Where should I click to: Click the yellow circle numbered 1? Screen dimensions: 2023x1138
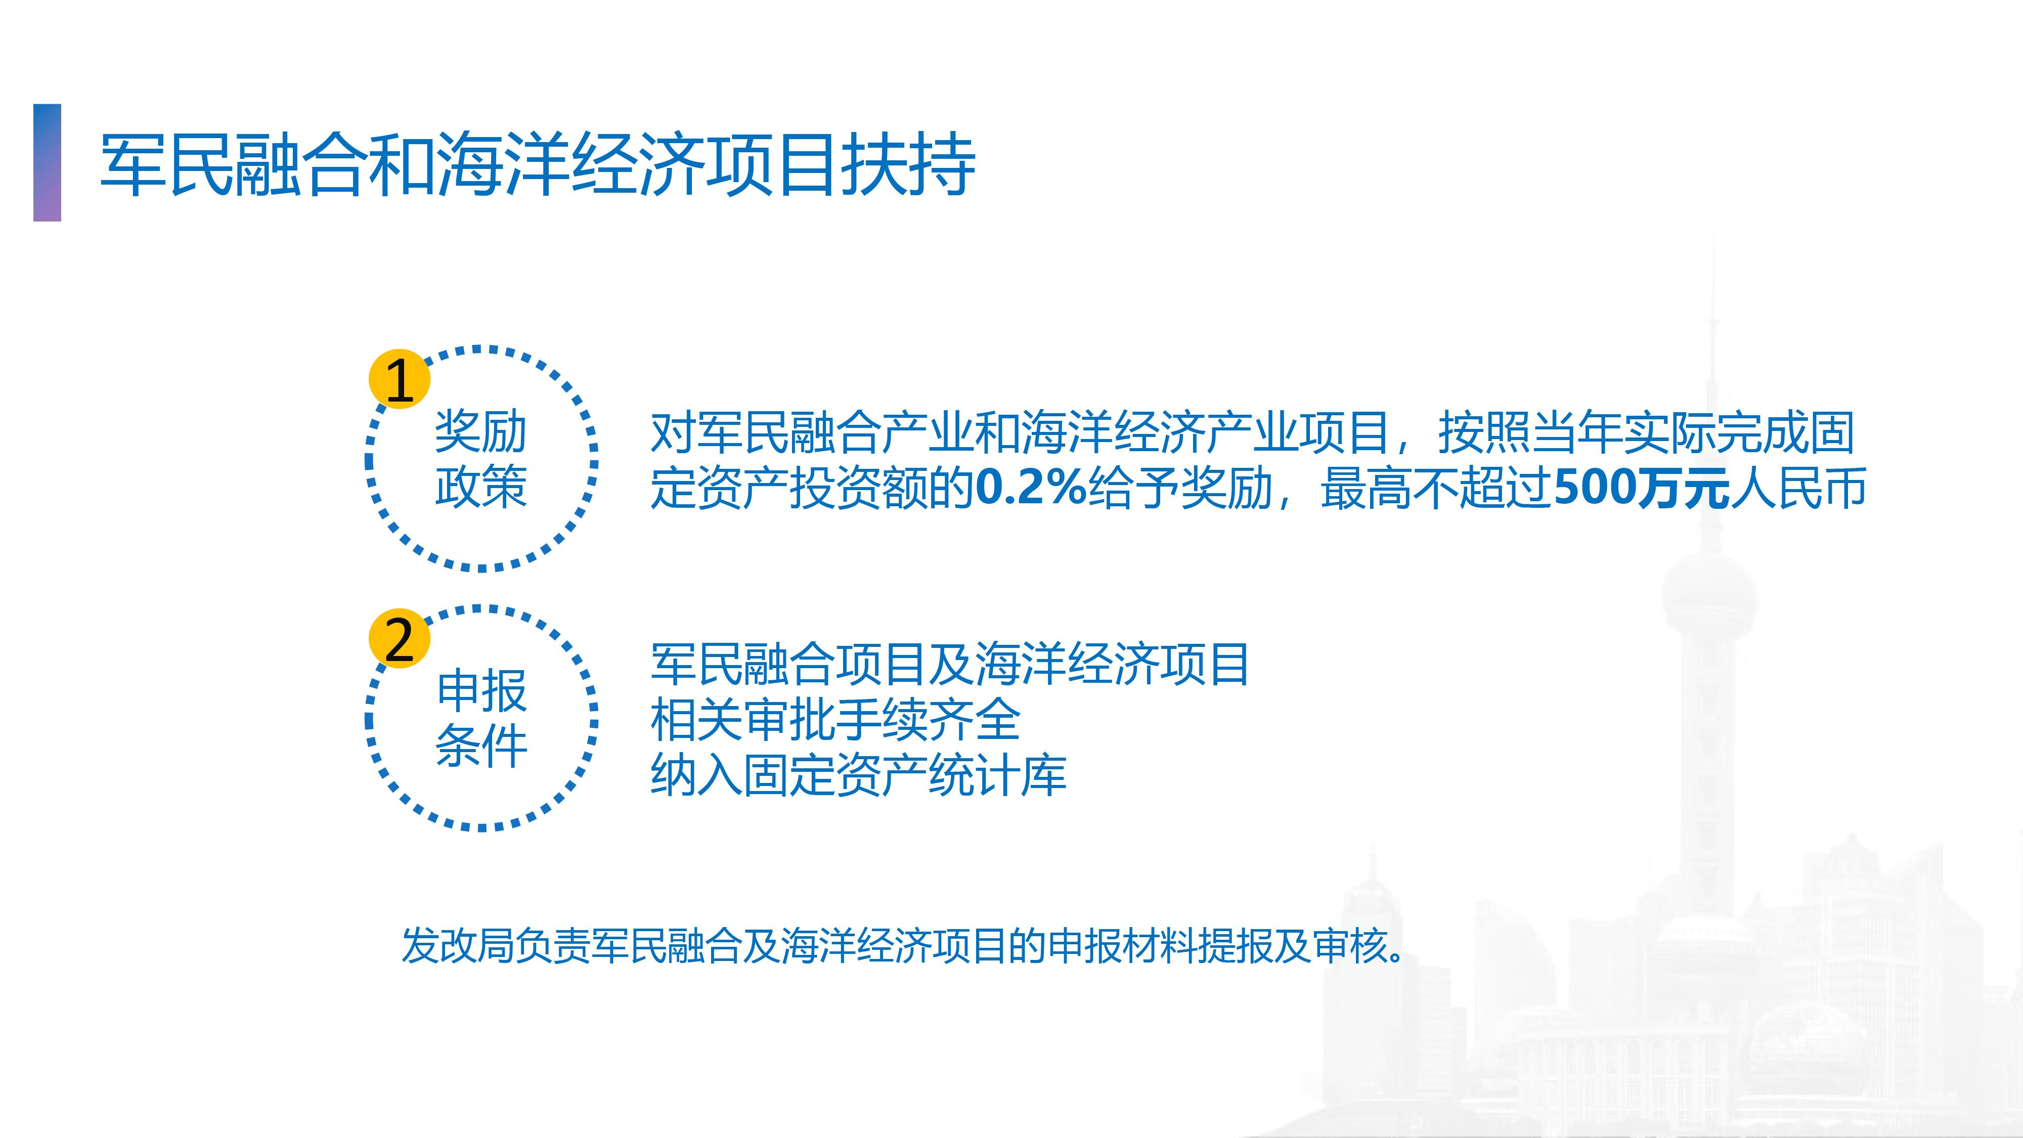[400, 379]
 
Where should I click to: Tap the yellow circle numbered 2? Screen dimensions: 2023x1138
[400, 638]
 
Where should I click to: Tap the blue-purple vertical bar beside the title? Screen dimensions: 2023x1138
[47, 162]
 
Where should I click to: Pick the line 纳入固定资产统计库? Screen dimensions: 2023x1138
[858, 775]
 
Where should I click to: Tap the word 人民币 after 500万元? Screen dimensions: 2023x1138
[1799, 487]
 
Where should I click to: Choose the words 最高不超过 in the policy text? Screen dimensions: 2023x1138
[1436, 487]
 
